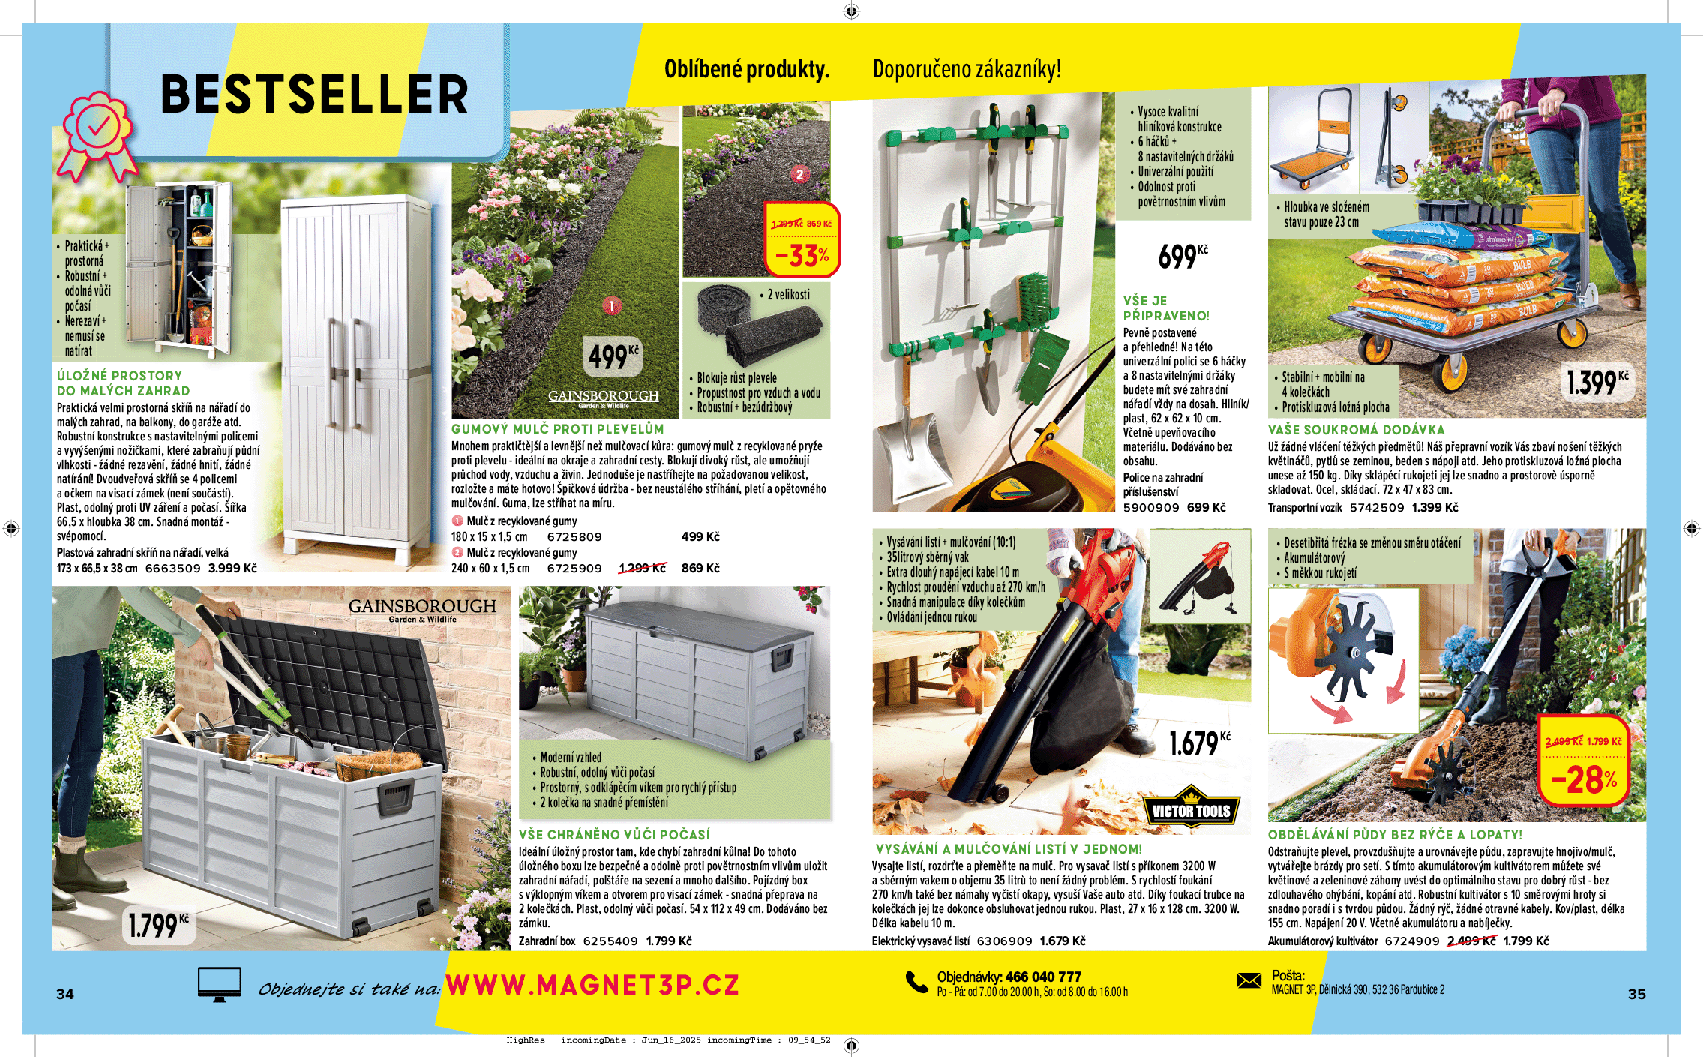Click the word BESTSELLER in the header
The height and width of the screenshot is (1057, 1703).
click(314, 95)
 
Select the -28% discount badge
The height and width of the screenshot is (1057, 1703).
click(1584, 761)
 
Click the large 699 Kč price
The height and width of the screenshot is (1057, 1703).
click(1182, 257)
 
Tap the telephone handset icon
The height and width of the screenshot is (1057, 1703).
click(916, 982)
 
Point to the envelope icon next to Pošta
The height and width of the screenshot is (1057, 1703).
click(1249, 980)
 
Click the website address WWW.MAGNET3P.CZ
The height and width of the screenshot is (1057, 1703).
click(592, 985)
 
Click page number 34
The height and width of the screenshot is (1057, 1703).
click(65, 994)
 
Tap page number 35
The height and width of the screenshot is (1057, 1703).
click(1636, 994)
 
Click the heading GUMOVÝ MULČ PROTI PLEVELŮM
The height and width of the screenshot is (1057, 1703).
click(557, 429)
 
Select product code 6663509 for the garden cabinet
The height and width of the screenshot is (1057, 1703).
click(172, 569)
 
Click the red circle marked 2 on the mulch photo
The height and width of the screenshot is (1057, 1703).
click(799, 174)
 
